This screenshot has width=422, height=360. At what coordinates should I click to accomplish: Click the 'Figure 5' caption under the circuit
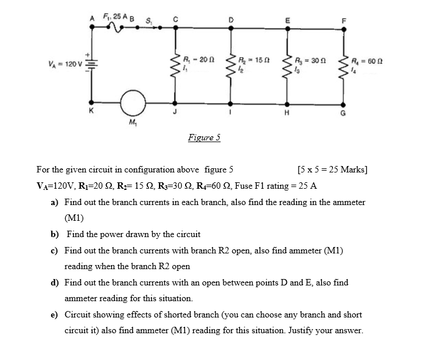coord(204,138)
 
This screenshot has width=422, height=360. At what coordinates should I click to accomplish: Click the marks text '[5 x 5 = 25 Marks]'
coord(331,170)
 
